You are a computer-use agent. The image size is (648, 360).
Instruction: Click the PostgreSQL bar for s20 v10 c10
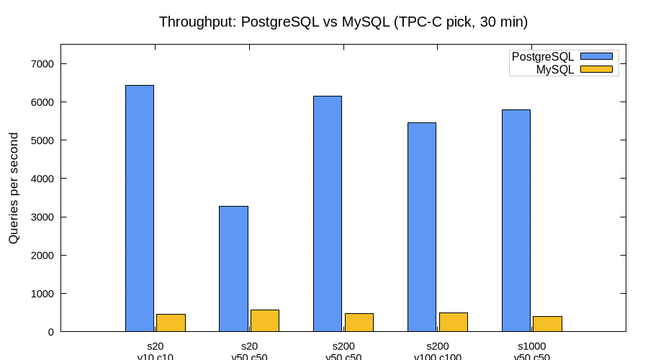(140, 208)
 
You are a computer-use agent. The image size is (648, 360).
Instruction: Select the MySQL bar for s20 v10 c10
(171, 323)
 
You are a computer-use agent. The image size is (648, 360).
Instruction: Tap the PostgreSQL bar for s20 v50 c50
(233, 269)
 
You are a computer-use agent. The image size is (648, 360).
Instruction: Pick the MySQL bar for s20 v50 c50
(265, 320)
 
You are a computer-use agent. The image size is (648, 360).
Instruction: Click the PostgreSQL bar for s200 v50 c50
(328, 214)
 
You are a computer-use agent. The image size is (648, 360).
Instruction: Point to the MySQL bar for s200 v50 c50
(359, 323)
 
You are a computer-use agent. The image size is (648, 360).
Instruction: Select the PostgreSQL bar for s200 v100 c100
(422, 227)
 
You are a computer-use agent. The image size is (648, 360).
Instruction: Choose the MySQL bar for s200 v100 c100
(453, 322)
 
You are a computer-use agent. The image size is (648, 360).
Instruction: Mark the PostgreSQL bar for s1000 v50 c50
(516, 220)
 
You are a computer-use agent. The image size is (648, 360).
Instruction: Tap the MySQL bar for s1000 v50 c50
(547, 324)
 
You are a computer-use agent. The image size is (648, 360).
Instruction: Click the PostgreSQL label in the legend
(542, 56)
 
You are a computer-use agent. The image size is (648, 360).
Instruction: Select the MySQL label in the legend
(555, 69)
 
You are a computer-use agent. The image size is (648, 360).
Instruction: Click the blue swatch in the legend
(595, 56)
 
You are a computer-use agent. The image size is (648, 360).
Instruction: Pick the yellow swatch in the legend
(595, 69)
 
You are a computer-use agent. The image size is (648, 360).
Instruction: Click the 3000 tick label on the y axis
(42, 217)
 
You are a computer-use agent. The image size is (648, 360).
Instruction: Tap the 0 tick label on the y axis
(51, 332)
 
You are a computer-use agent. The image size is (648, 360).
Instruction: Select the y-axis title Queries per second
(14, 188)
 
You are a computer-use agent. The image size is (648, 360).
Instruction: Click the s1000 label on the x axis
(531, 346)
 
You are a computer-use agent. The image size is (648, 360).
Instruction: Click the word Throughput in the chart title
(192, 22)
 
